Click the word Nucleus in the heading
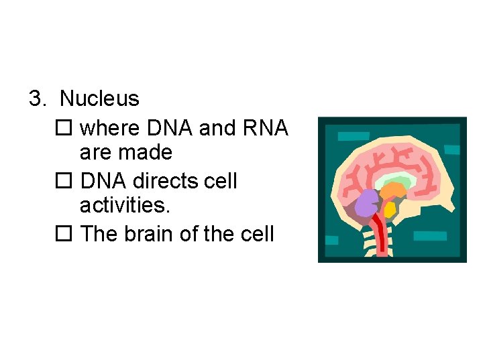(x=99, y=99)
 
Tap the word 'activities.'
(x=125, y=206)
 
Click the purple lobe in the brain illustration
(x=367, y=203)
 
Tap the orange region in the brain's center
(x=392, y=193)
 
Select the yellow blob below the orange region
(x=389, y=210)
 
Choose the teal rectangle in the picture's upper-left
(x=354, y=136)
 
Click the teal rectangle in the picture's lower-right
(x=430, y=236)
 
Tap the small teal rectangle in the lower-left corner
(x=331, y=240)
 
